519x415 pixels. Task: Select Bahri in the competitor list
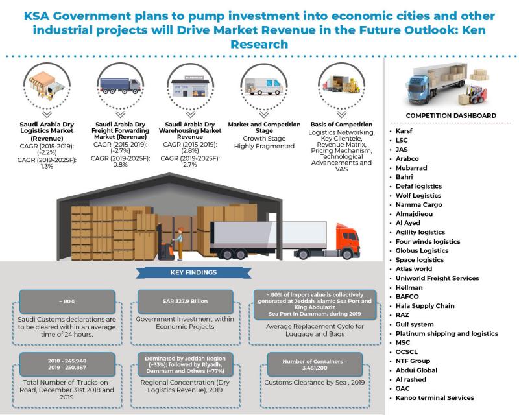click(x=404, y=176)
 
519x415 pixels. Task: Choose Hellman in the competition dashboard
click(x=409, y=287)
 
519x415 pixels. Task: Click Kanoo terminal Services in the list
click(x=435, y=397)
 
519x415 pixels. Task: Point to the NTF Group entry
click(x=413, y=361)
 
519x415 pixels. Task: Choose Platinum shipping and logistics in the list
click(x=447, y=333)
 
